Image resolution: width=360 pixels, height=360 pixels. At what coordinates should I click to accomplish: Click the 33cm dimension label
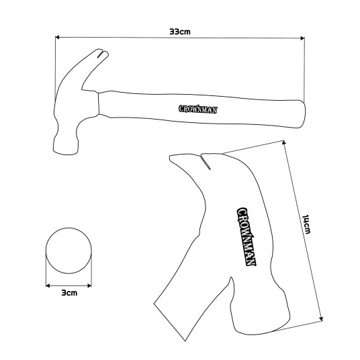point(180,32)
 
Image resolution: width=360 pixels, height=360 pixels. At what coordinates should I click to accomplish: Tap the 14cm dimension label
point(306,224)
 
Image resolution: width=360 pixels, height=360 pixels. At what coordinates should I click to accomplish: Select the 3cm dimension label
point(69,293)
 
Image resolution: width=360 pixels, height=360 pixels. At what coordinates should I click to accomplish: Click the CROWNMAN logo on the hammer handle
point(197,109)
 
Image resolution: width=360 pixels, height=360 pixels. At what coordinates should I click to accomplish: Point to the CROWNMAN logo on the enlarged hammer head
point(246,236)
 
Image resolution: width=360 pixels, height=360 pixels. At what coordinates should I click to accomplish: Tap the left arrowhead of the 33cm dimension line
point(57,37)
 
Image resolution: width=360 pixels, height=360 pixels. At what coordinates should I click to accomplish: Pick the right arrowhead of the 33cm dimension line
point(302,38)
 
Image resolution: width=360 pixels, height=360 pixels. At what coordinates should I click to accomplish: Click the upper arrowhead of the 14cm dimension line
point(284,142)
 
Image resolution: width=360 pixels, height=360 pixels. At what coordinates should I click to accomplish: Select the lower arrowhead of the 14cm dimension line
point(322,318)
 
